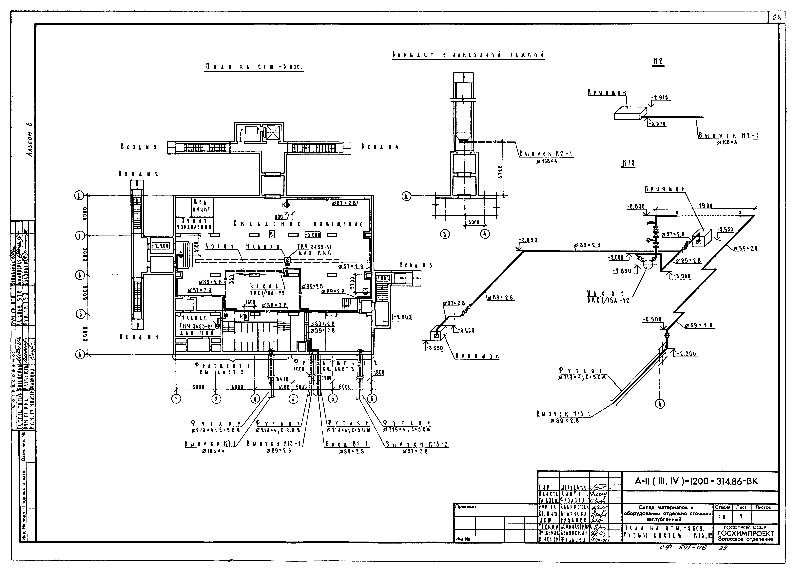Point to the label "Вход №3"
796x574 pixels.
137,148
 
